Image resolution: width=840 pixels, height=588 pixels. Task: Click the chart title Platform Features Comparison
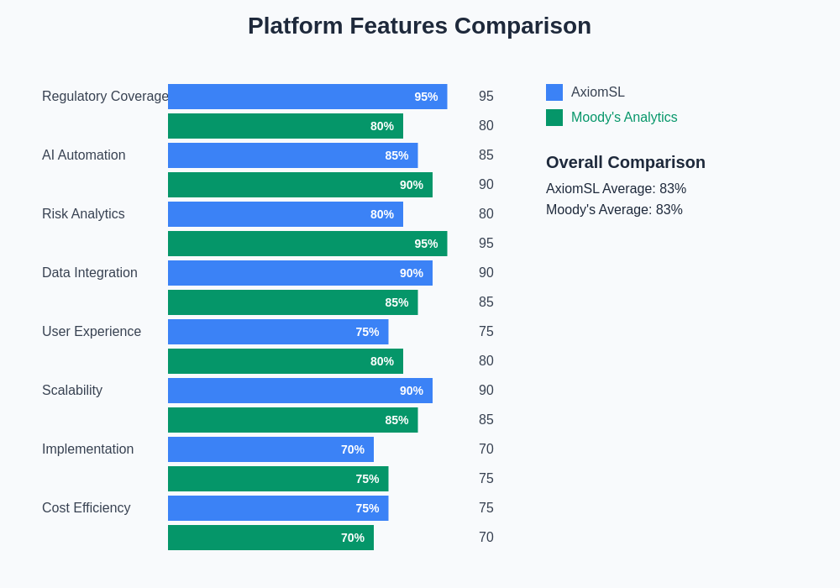[419, 26]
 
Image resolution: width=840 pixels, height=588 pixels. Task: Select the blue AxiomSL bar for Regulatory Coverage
[307, 97]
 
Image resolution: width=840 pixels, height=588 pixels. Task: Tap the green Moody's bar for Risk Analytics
[307, 244]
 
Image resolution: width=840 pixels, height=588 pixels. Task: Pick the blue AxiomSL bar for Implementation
[270, 449]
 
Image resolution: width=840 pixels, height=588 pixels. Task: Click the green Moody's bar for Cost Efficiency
[270, 538]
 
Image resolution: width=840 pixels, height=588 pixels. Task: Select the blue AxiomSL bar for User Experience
[278, 332]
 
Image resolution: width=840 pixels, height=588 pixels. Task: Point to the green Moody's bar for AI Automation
[300, 185]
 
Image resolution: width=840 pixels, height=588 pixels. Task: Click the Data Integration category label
[90, 273]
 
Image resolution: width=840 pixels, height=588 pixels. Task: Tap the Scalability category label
[72, 391]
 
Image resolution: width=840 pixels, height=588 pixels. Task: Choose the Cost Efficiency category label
[87, 508]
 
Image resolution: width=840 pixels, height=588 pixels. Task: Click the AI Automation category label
[84, 155]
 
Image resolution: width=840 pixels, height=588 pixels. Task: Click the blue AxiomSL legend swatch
[554, 92]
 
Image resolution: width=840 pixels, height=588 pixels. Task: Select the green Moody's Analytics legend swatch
[554, 118]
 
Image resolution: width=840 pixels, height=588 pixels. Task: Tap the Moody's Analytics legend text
[624, 118]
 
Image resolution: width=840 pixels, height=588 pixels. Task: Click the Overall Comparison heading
[626, 162]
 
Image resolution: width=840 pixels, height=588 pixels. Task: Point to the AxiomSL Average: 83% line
[616, 189]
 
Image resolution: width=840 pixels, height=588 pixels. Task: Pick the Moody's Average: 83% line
[614, 210]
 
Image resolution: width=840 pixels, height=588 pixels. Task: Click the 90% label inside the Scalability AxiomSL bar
[412, 391]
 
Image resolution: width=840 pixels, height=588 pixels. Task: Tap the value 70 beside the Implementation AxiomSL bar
[486, 449]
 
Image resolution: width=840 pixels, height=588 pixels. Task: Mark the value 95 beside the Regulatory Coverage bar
[486, 97]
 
